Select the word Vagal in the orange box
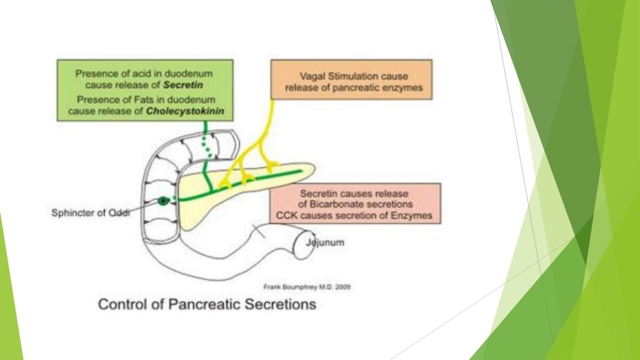[311, 76]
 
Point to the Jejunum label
[324, 242]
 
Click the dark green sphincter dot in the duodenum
[164, 201]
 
